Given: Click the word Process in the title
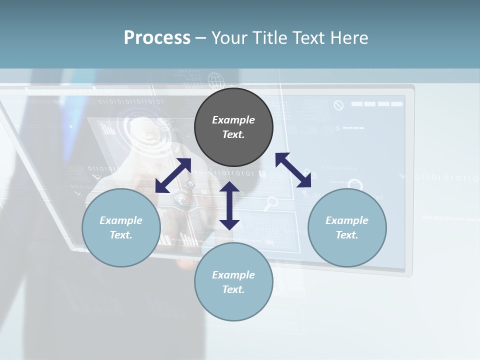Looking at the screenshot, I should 157,38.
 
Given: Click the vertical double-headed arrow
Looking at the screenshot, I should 229,205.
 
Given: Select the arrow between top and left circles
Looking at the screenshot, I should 173,175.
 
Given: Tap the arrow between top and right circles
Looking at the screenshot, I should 293,170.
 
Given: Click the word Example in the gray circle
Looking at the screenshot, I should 233,120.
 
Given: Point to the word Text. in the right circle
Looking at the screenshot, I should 347,235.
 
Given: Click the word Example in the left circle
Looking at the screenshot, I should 121,220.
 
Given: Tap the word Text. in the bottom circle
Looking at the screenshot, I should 233,289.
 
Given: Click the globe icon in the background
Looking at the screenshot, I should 215,80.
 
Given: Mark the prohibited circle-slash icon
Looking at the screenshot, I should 338,105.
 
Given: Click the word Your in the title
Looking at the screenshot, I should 228,38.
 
